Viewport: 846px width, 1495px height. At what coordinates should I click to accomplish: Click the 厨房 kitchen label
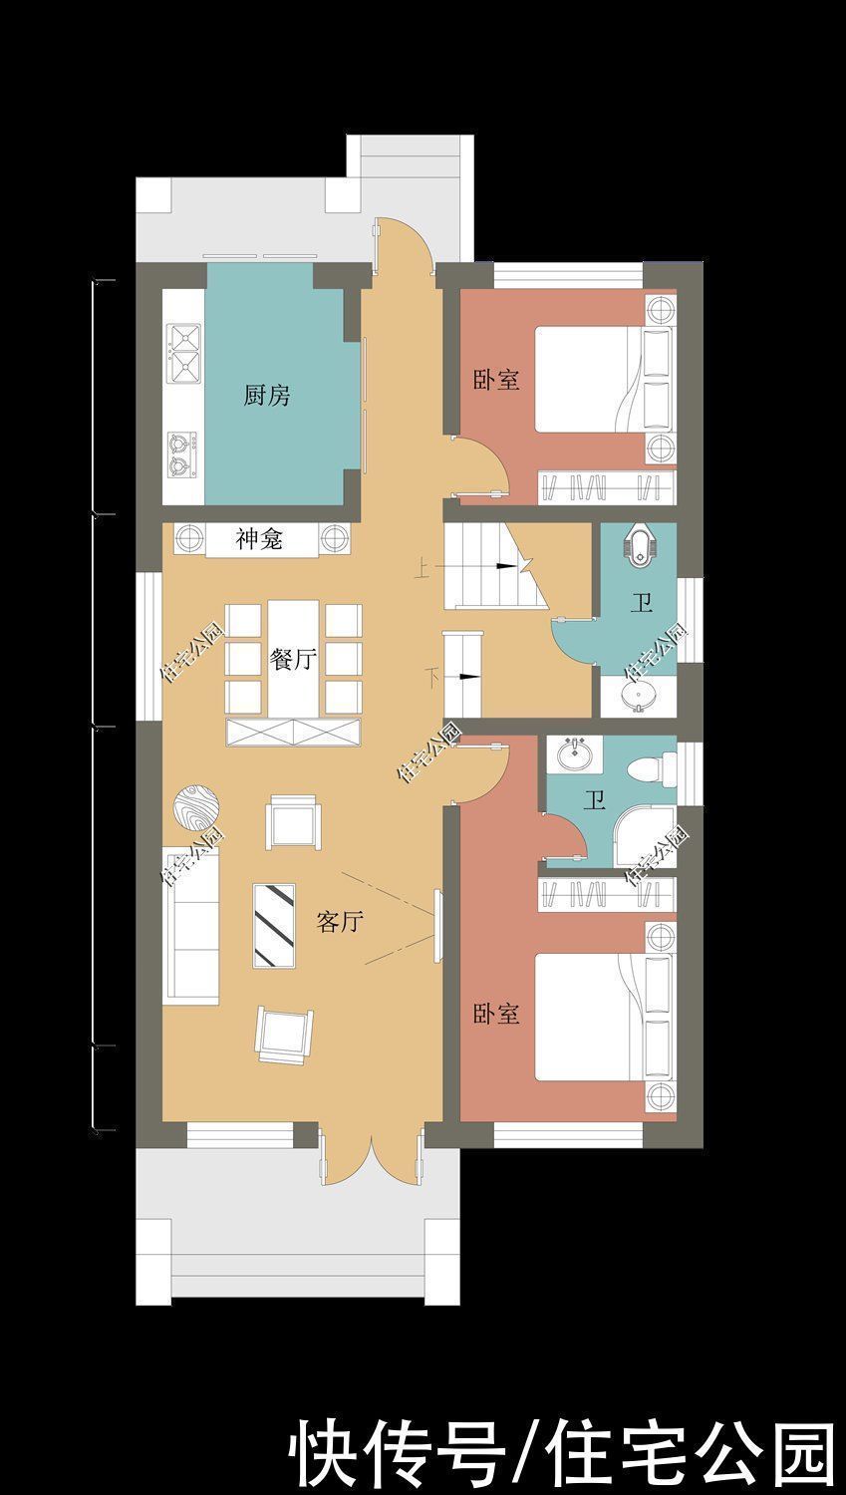point(267,396)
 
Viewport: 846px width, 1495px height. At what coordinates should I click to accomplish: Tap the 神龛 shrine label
point(259,540)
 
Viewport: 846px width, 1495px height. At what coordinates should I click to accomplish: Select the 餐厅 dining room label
point(293,659)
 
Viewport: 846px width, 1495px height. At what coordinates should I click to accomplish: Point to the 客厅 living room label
point(339,922)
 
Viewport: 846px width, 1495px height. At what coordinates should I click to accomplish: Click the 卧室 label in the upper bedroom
point(496,380)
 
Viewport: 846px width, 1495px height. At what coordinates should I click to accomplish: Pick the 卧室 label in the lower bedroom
point(496,1015)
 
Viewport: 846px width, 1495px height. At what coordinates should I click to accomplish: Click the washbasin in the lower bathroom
point(571,754)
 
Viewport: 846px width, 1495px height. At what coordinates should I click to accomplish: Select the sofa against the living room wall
point(191,924)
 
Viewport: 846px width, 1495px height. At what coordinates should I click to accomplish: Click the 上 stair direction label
point(423,570)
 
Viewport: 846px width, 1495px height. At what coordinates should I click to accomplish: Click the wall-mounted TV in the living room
point(436,926)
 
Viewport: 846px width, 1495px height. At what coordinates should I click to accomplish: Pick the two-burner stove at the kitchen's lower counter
point(181,450)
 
